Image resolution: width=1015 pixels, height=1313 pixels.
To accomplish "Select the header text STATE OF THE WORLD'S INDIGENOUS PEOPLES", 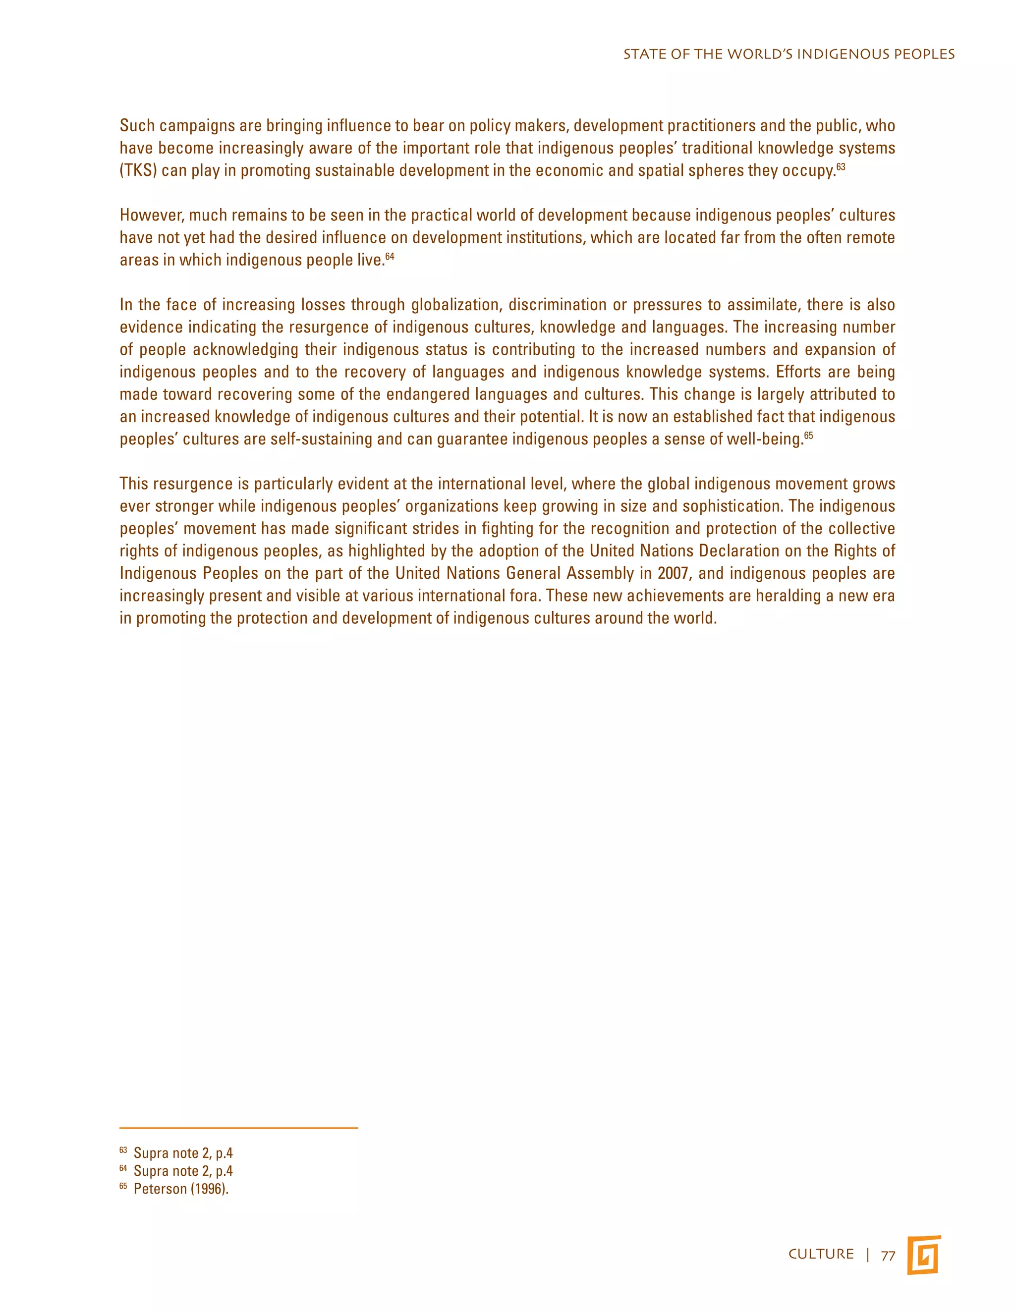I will click(789, 55).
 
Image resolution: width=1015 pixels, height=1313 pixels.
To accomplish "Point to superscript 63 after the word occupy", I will click(841, 166).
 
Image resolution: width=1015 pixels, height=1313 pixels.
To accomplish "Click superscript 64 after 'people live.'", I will click(390, 256).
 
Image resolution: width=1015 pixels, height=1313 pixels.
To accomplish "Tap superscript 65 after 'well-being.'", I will click(808, 435).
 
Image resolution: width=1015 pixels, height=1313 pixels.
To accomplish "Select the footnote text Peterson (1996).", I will click(181, 1189).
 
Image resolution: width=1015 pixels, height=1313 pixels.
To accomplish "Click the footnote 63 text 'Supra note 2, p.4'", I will click(183, 1153).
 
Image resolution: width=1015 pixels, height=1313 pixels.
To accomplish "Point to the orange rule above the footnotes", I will click(239, 1128).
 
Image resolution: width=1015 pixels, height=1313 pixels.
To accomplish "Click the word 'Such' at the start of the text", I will click(137, 126).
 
